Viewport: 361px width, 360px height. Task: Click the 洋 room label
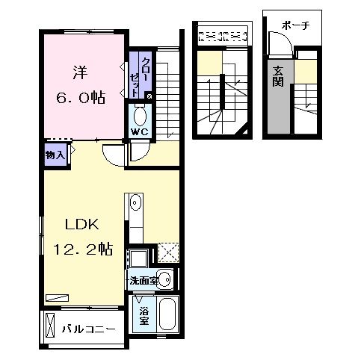pyautogui.click(x=80, y=72)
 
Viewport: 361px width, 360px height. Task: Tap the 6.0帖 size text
pyautogui.click(x=81, y=98)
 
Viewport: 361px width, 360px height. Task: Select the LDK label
pyautogui.click(x=82, y=224)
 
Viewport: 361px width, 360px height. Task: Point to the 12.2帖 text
pyautogui.click(x=83, y=249)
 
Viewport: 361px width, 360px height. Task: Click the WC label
pyautogui.click(x=140, y=132)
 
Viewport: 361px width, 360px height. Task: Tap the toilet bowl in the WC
pyautogui.click(x=140, y=116)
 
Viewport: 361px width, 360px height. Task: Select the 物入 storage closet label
pyautogui.click(x=55, y=155)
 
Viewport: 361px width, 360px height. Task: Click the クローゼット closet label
pyautogui.click(x=138, y=77)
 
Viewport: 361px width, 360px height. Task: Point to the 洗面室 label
pyautogui.click(x=144, y=281)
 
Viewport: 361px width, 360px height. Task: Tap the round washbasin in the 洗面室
pyautogui.click(x=165, y=279)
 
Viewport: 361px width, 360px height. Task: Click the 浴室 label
pyautogui.click(x=144, y=316)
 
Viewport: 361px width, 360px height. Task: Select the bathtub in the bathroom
pyautogui.click(x=167, y=314)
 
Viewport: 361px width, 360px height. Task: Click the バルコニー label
pyautogui.click(x=88, y=329)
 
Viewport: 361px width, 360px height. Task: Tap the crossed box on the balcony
pyautogui.click(x=50, y=325)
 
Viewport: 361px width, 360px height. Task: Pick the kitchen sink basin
pyautogui.click(x=135, y=202)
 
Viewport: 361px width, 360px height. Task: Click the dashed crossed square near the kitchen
pyautogui.click(x=169, y=252)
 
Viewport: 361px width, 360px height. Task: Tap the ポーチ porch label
pyautogui.click(x=296, y=25)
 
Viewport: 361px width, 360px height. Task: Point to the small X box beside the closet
pyautogui.click(x=149, y=96)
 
